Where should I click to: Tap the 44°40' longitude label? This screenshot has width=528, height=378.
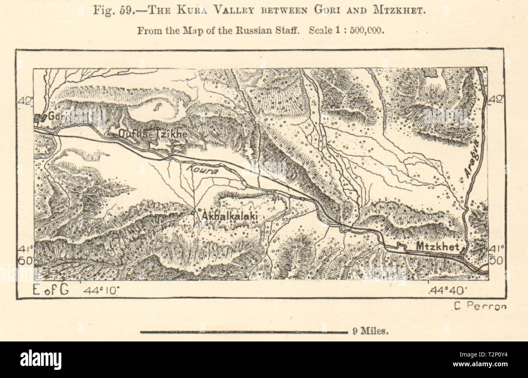coord(446,291)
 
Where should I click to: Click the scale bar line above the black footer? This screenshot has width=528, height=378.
coord(243,332)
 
